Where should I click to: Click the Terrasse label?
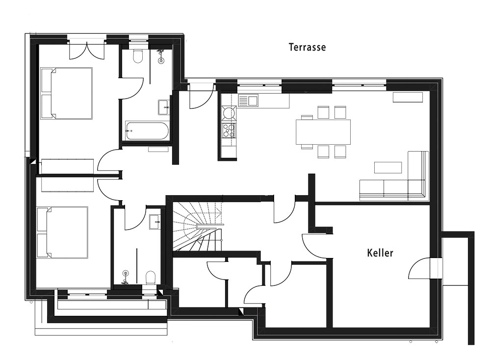307,47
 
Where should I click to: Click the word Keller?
380,253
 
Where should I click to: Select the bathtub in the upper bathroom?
147,131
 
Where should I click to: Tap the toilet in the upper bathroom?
137,56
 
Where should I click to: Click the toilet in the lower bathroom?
151,278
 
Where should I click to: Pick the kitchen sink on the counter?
248,101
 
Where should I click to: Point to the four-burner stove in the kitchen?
229,130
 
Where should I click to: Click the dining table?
323,131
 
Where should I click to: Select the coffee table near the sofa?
388,167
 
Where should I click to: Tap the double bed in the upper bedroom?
67,93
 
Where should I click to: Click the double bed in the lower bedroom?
62,232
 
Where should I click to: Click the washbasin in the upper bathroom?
164,107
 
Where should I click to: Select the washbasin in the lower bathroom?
155,222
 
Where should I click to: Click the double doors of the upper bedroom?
86,51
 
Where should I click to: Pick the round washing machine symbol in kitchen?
229,113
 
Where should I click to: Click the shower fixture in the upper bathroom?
161,56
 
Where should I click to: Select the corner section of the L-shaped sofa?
416,189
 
